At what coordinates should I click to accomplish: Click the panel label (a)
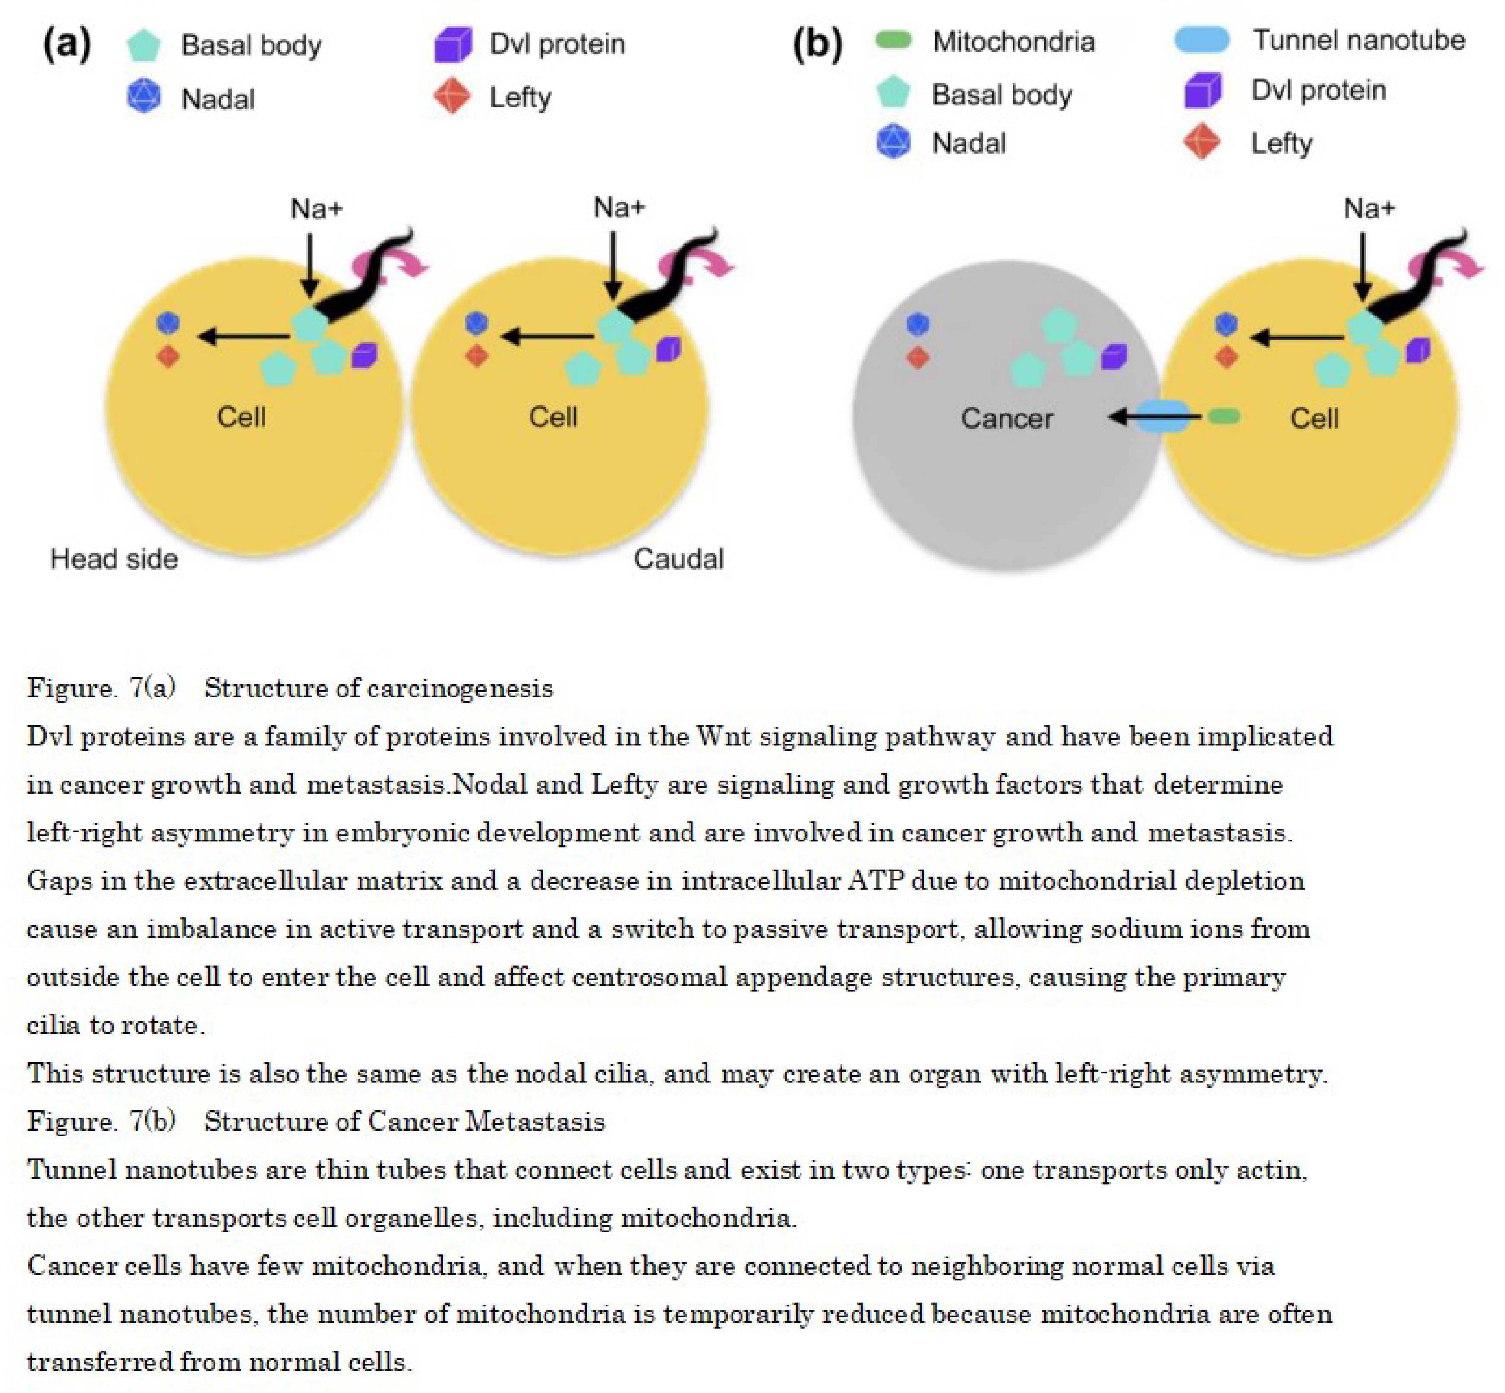(x=67, y=44)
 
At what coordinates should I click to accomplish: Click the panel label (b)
(x=817, y=44)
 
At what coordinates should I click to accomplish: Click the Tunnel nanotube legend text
(x=1358, y=40)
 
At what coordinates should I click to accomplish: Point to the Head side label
(x=114, y=558)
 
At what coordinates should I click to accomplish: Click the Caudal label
(x=678, y=558)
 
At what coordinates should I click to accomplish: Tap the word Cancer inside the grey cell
(x=1006, y=418)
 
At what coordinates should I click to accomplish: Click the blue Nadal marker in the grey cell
(x=917, y=324)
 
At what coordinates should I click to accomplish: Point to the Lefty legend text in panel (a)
(x=520, y=97)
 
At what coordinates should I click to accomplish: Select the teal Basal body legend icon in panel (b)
(x=893, y=93)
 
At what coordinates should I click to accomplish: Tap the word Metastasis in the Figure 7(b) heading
(x=535, y=1122)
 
